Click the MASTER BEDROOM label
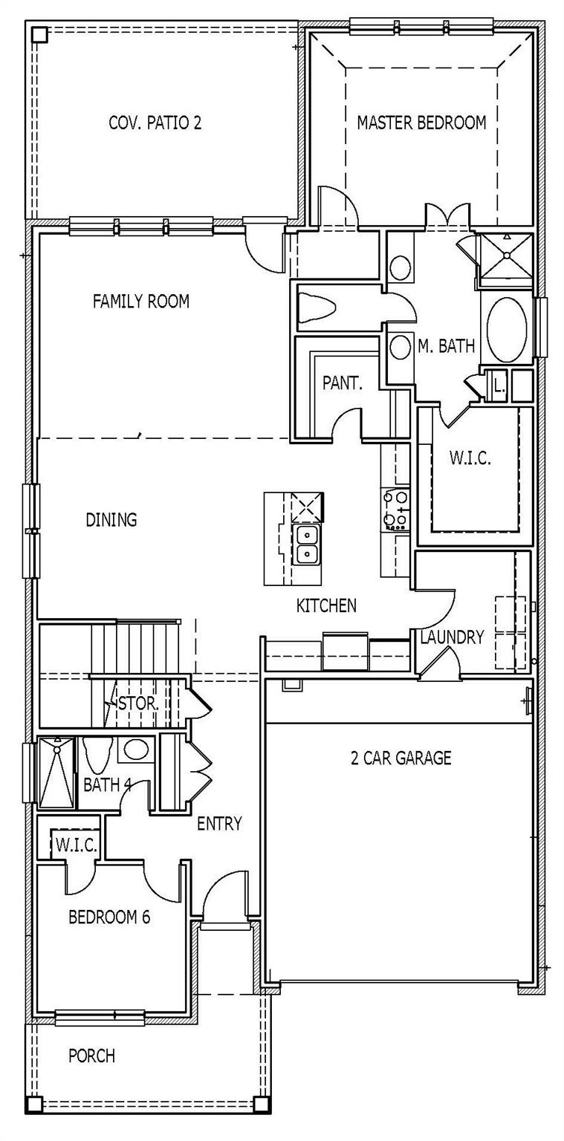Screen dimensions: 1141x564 click(421, 123)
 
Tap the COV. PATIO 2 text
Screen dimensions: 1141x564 click(155, 123)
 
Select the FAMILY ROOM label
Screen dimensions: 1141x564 click(140, 301)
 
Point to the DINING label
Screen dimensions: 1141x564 click(111, 519)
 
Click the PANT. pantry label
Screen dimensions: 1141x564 click(342, 383)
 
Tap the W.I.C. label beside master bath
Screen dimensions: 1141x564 click(470, 458)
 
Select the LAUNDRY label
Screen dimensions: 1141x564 click(452, 637)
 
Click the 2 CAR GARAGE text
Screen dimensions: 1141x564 click(401, 758)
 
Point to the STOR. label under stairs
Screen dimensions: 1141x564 click(138, 702)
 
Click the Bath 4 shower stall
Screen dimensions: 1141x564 click(56, 773)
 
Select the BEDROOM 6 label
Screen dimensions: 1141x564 click(109, 917)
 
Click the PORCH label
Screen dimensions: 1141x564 click(91, 1055)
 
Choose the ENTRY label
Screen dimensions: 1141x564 click(219, 823)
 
